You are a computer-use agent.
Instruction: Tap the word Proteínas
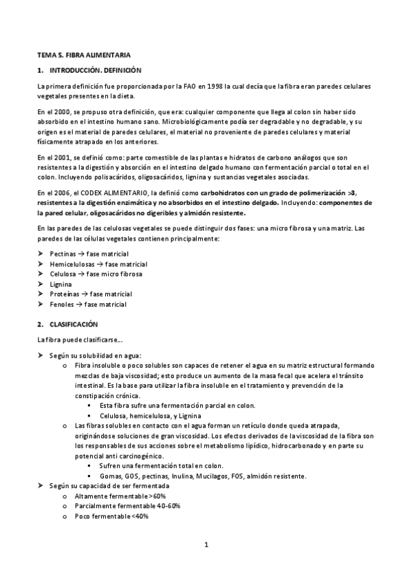66,294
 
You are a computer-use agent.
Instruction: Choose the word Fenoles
63,304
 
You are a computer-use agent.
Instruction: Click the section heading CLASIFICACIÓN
74,323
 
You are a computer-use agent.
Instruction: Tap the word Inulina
180,476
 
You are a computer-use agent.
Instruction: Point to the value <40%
138,516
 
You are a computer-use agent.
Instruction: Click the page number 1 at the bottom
206,545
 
